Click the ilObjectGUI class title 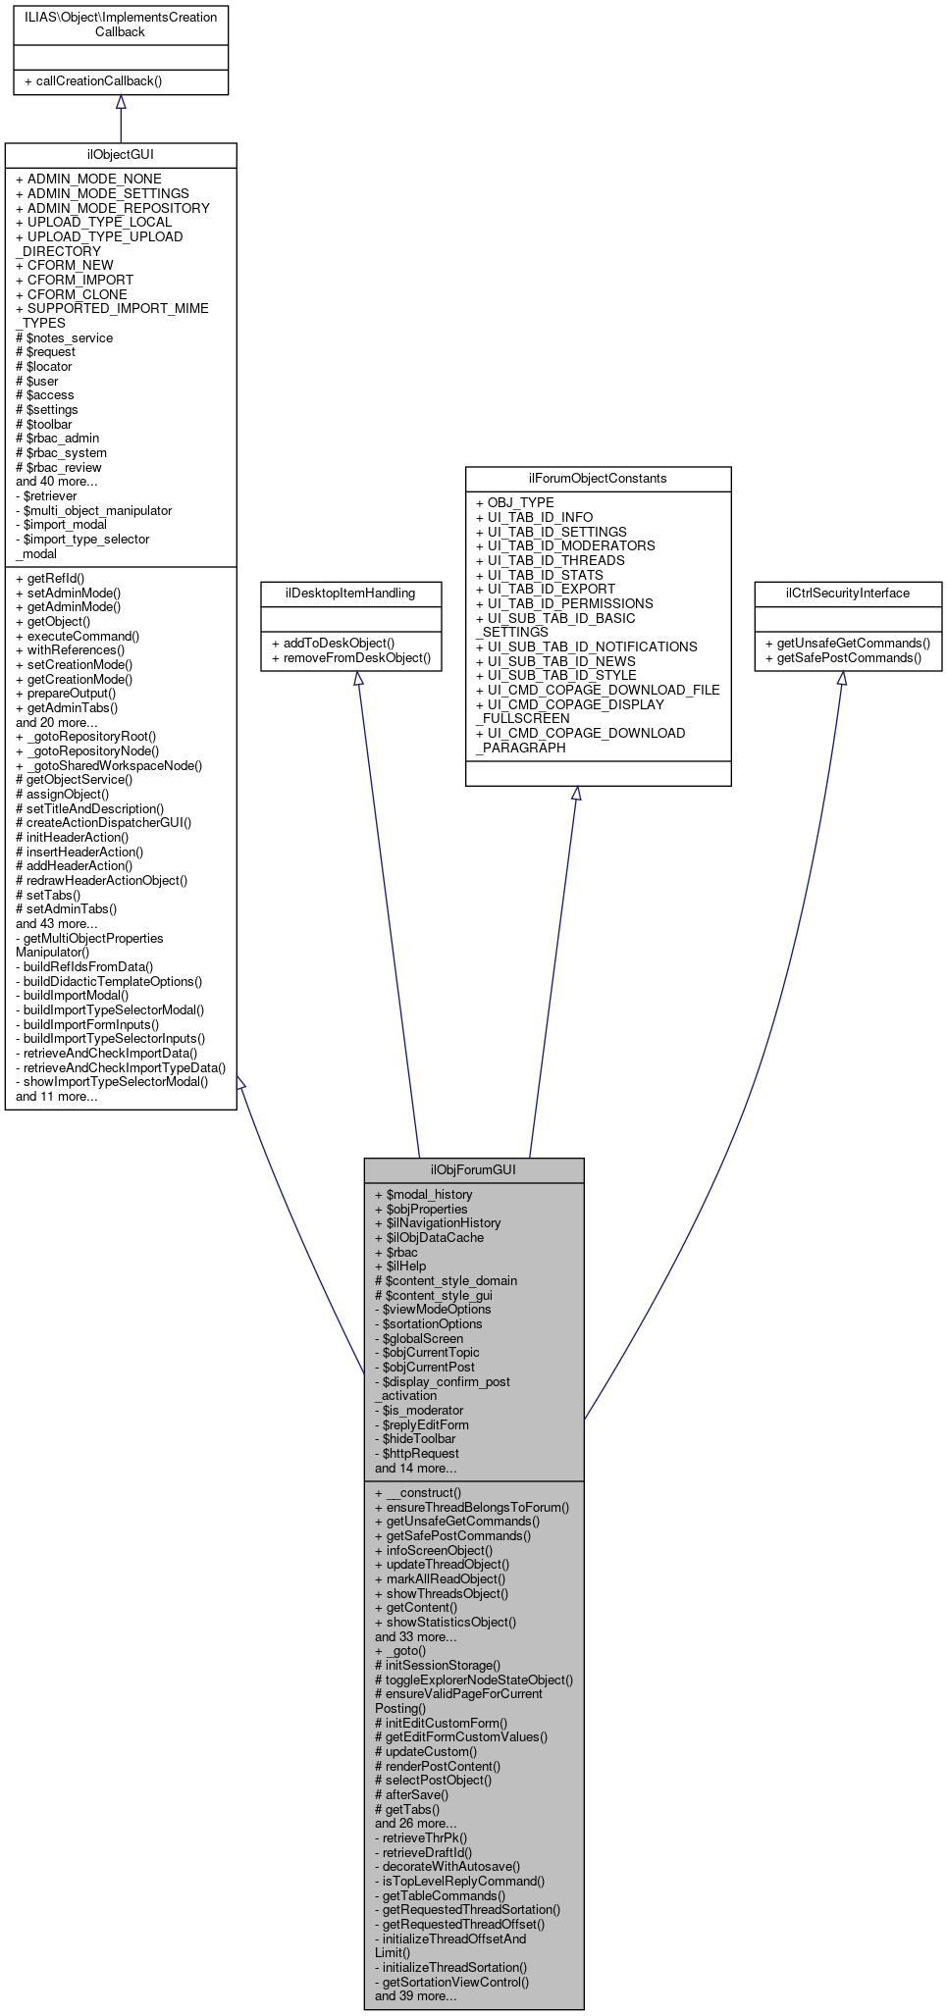121,155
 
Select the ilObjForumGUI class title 473,1169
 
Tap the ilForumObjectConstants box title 598,478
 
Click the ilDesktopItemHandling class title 350,593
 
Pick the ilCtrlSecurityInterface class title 847,593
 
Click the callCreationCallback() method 93,80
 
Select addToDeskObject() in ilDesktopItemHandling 333,643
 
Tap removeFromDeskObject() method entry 351,657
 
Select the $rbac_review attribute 59,467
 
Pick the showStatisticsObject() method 450,1622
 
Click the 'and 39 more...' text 415,1995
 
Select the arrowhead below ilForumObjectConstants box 576,793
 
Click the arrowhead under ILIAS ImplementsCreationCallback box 121,102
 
